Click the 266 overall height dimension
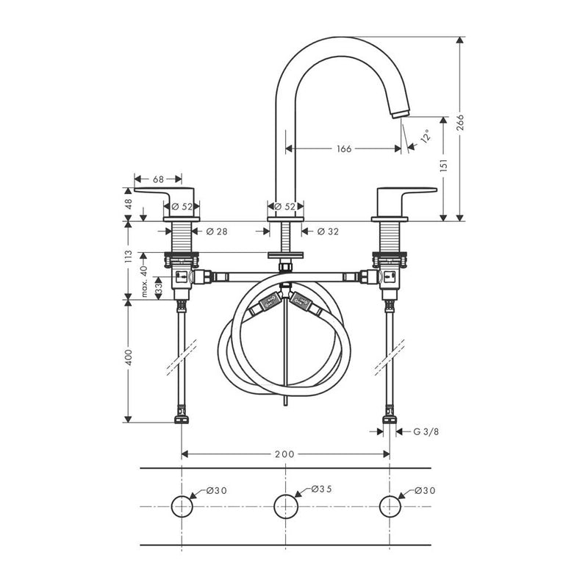point(460,123)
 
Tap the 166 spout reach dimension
point(343,148)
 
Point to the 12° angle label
point(425,137)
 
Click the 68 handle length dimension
point(158,179)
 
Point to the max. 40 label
point(145,281)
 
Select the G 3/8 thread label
point(425,431)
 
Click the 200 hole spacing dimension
point(284,453)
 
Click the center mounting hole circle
point(285,506)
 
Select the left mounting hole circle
point(182,506)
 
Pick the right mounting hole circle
point(390,506)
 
